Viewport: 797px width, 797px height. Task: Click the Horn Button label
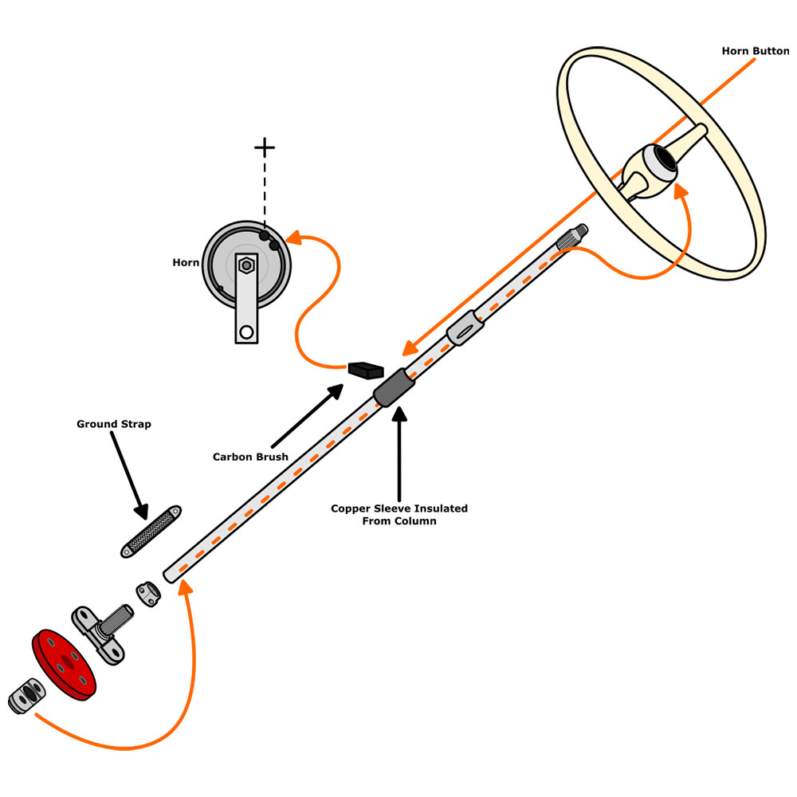[755, 51]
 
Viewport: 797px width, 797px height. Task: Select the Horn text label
[186, 262]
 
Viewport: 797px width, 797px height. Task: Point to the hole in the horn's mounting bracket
[246, 331]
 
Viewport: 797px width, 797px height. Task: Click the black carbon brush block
[366, 370]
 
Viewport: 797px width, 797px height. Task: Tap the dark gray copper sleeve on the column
[395, 388]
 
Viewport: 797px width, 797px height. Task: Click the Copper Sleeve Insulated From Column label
[399, 514]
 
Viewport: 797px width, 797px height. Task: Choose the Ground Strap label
[113, 424]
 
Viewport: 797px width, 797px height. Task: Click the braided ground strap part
[151, 530]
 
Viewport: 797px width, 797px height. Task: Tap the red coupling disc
[64, 659]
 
